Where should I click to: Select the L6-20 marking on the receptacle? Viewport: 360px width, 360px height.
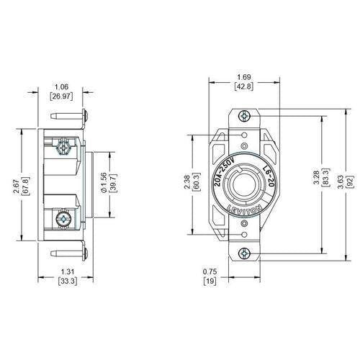click(x=268, y=176)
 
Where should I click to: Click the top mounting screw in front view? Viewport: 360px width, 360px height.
click(x=245, y=114)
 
